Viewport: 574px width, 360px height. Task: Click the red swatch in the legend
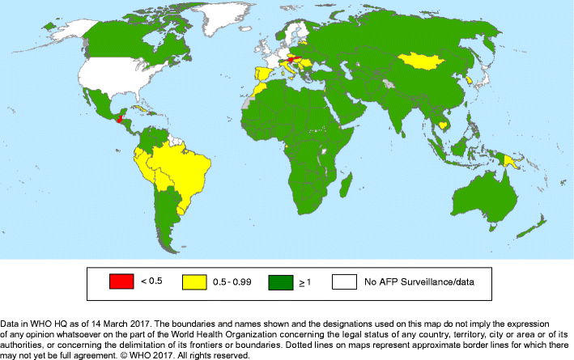[x=120, y=282]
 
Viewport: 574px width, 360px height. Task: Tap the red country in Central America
[x=120, y=119]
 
